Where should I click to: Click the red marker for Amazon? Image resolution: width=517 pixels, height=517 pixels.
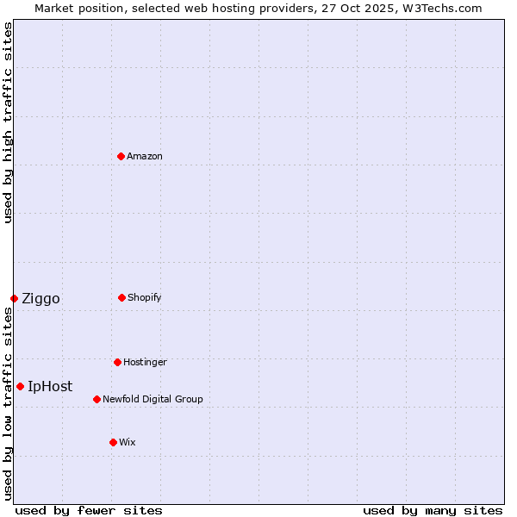[121, 156]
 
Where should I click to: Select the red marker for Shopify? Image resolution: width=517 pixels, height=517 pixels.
[121, 297]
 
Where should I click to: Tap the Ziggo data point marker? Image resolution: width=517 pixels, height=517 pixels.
[14, 298]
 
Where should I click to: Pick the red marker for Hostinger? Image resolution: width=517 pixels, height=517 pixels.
[117, 362]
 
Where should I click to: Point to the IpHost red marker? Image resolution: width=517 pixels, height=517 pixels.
[20, 386]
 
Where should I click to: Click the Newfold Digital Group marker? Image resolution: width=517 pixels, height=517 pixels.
[97, 399]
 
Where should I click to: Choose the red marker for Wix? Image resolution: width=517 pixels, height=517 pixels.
[113, 442]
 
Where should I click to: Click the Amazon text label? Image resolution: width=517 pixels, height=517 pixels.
[145, 156]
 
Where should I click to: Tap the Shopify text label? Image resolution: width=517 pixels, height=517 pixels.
[145, 297]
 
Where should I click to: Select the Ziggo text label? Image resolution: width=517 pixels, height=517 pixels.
[40, 299]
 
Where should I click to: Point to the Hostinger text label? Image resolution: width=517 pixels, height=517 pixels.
[145, 362]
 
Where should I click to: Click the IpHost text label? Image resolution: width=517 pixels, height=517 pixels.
[50, 387]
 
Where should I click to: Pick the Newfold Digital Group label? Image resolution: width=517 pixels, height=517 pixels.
[153, 399]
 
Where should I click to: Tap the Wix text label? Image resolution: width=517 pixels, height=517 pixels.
[128, 442]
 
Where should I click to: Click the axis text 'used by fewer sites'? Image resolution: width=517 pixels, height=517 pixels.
[89, 510]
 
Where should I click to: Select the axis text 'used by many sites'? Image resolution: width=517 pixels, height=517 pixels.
[433, 510]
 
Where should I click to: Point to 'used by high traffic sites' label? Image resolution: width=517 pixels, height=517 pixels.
[8, 122]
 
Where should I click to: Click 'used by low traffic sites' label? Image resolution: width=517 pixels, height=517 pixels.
[8, 403]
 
